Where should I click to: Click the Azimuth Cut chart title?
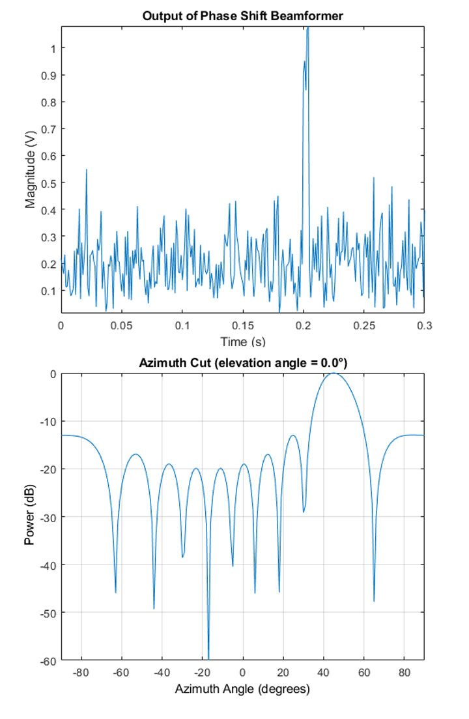click(242, 363)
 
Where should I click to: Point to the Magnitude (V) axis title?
click(30, 169)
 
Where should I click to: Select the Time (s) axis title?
click(242, 342)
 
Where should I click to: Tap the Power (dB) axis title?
click(30, 516)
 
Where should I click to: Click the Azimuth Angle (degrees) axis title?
click(242, 689)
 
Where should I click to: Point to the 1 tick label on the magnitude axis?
click(53, 48)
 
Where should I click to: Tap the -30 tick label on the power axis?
click(48, 517)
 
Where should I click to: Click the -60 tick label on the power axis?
click(48, 660)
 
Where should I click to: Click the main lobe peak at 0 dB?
click(334, 374)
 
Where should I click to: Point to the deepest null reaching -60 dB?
click(208, 657)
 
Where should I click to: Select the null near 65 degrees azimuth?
click(374, 600)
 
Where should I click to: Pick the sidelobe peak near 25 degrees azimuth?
click(293, 435)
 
